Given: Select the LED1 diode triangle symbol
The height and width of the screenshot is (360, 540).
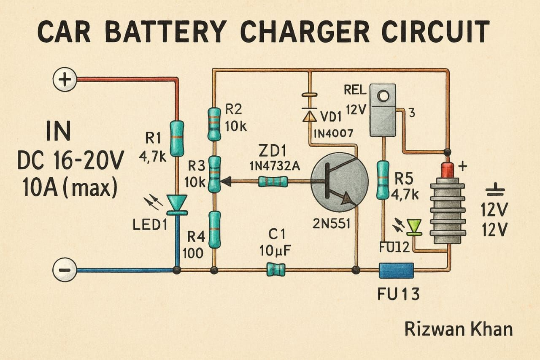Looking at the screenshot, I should point(177,203).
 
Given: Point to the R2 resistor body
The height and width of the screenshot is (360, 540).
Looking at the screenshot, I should point(214,124).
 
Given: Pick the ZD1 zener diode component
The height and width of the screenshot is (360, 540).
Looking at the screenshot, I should point(273,182).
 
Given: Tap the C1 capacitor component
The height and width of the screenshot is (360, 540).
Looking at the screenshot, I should point(276,269).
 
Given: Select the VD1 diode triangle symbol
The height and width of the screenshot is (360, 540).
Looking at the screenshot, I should point(310,115).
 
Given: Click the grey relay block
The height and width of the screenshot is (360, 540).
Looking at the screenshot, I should point(383,110).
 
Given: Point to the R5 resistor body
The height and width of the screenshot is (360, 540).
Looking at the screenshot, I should point(383,179).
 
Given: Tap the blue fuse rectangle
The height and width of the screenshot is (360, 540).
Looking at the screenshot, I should point(396,271).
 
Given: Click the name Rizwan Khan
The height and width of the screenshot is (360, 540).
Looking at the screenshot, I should point(458,329).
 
